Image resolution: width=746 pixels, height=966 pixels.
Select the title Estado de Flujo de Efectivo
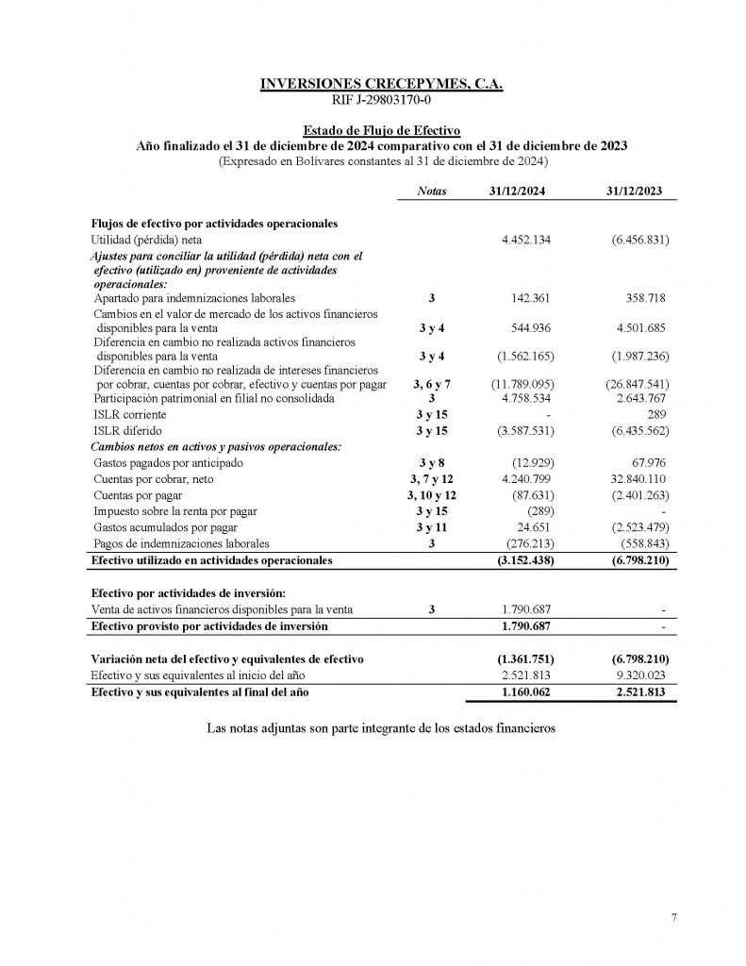tap(381, 131)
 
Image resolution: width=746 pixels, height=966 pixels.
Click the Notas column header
tap(431, 191)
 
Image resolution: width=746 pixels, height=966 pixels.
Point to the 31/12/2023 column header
tap(634, 191)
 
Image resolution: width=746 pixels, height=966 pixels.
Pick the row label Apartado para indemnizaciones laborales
tap(194, 298)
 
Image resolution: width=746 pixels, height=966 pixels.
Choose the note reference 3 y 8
tap(431, 463)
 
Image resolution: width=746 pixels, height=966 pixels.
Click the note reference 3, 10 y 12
tap(431, 495)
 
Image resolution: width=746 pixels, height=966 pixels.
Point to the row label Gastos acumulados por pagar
tap(165, 527)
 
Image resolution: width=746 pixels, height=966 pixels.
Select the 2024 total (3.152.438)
tap(522, 560)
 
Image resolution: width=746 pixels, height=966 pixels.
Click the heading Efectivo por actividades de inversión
tap(187, 593)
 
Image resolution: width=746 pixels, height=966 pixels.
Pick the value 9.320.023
tap(640, 675)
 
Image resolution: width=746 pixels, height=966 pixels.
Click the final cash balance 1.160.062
tap(525, 692)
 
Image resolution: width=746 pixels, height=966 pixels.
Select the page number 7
tap(674, 917)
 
